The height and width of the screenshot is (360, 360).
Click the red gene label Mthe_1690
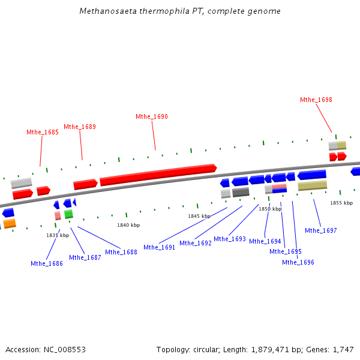pos(152,116)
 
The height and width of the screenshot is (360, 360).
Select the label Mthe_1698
pos(316,100)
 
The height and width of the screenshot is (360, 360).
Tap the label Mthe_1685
pos(43,132)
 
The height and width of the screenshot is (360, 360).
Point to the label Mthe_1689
pos(80,127)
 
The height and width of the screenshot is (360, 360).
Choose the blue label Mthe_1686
pos(47,263)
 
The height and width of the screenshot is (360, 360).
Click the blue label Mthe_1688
pos(121,252)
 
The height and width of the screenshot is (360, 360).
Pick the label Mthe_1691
pos(160,247)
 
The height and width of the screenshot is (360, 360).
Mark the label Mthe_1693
pos(230,239)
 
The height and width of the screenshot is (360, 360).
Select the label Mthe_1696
pos(298,262)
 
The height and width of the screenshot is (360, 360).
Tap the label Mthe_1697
pos(321,230)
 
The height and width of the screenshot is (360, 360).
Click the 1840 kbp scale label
pos(128,225)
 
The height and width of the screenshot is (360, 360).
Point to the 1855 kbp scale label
pos(341,203)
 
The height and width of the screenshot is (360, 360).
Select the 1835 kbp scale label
pos(58,235)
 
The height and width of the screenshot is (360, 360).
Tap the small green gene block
pos(68,214)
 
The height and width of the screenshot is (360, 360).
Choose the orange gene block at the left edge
pos(10,224)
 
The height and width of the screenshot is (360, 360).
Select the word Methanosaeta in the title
pos(104,11)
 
